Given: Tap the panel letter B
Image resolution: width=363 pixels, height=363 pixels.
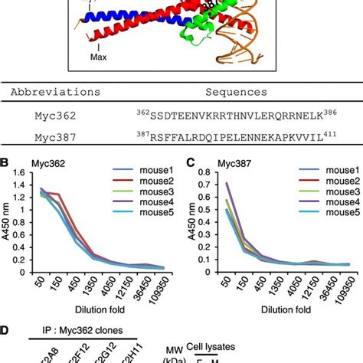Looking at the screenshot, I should [x=5, y=163].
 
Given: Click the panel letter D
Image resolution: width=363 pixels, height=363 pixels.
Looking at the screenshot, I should [x=5, y=332].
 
